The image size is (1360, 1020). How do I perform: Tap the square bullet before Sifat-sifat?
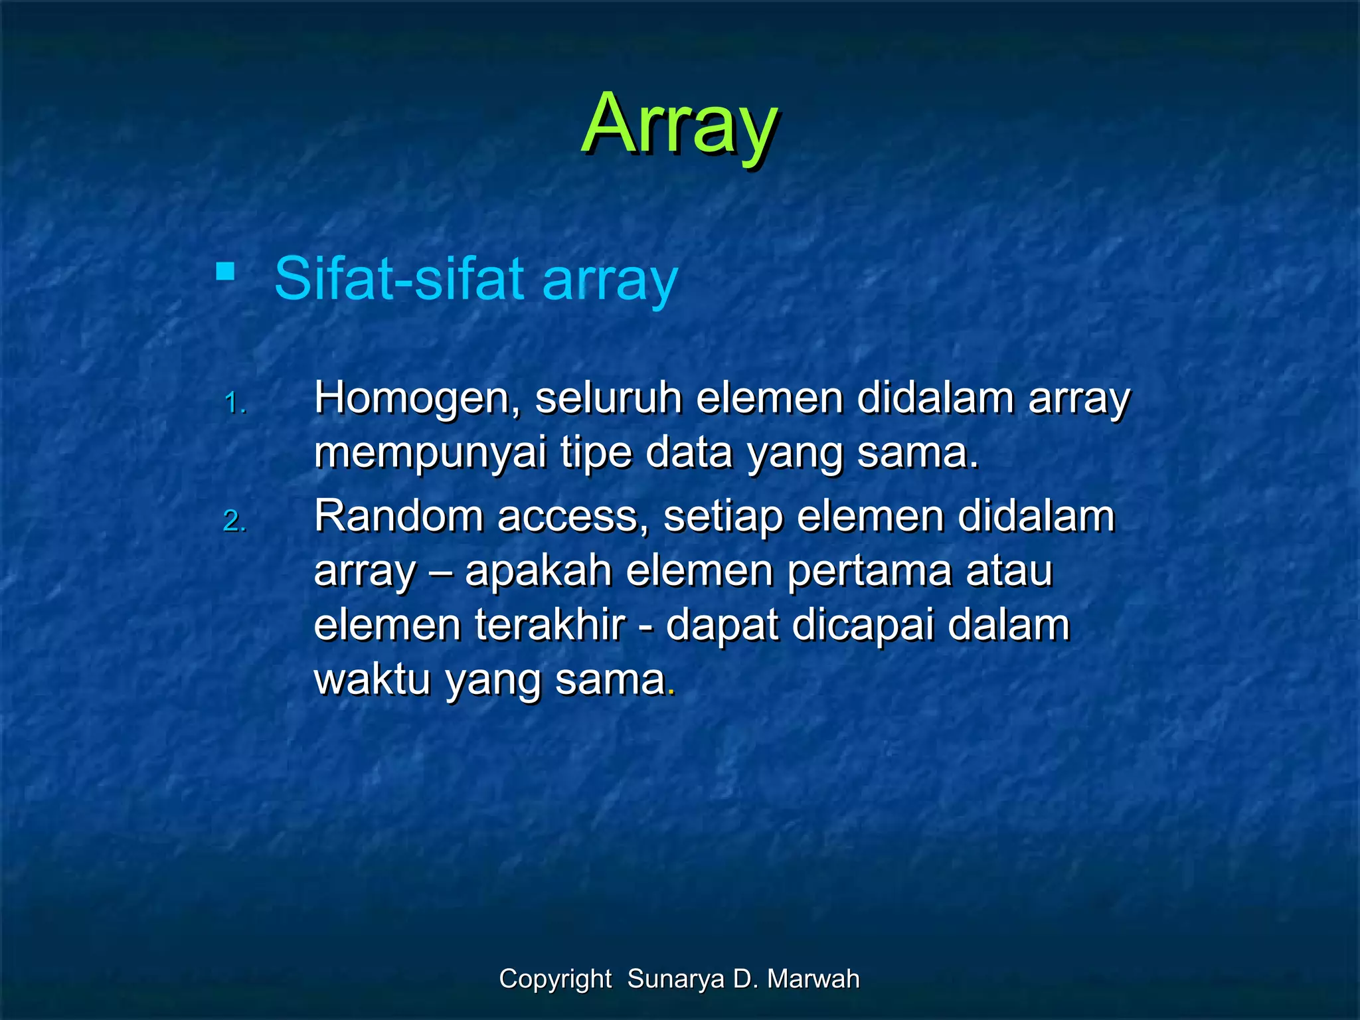pos(226,272)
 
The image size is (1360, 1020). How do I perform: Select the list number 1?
pos(235,403)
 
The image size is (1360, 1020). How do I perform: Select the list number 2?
pos(234,521)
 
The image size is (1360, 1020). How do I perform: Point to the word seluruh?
pos(608,398)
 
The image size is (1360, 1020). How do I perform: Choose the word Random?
pos(398,516)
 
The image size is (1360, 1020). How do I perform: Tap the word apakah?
pos(538,570)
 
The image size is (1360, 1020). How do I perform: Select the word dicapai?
pos(863,626)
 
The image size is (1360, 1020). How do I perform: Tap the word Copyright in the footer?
pos(555,979)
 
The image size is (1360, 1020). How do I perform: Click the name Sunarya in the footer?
pos(675,979)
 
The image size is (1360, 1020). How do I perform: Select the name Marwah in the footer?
pos(813,979)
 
